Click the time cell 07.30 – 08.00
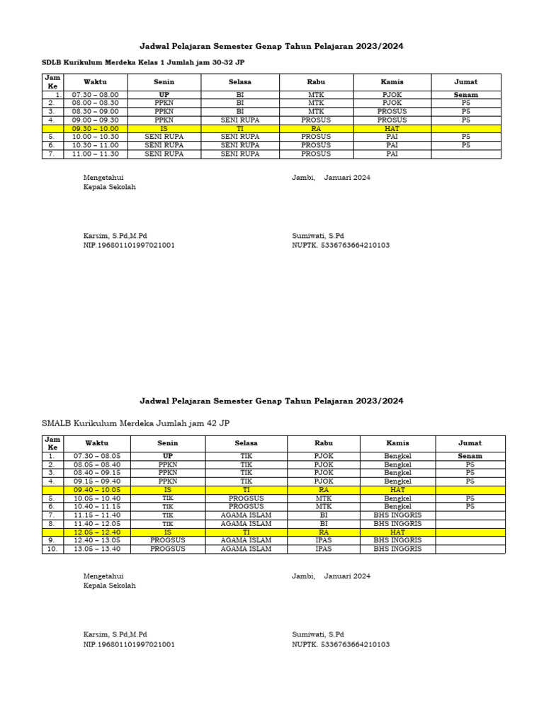point(95,94)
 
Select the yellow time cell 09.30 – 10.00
point(95,129)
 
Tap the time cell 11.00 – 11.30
point(95,154)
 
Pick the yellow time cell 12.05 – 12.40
point(97,532)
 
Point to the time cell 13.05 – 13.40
point(97,549)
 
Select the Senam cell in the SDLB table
point(465,94)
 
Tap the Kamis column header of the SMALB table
point(397,443)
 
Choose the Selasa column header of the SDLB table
point(240,82)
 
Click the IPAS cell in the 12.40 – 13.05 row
point(323,540)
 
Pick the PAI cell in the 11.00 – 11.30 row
point(392,154)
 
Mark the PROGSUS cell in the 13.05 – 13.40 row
point(167,549)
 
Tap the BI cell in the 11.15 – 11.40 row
point(323,515)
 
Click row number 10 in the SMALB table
point(52,549)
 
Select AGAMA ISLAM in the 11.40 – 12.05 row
point(246,523)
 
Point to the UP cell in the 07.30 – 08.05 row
point(167,456)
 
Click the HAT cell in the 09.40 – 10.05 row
point(397,490)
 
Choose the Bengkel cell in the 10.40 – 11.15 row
point(397,506)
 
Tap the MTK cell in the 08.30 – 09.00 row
point(316,111)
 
